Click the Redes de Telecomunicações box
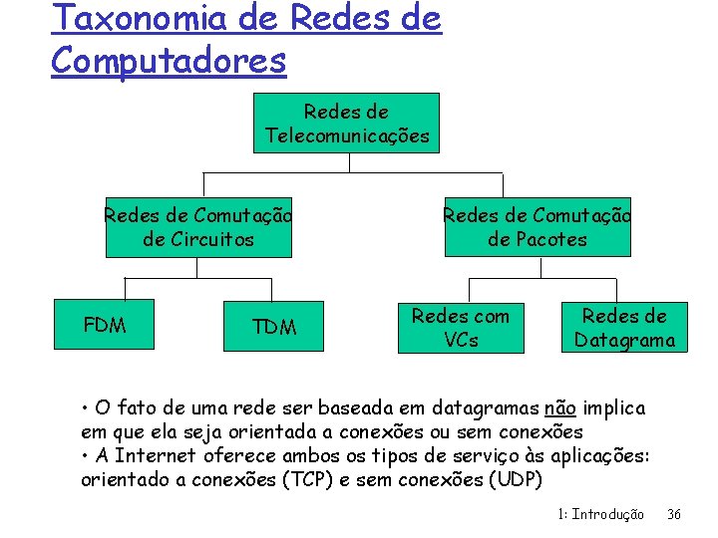347,124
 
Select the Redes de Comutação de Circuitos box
198,227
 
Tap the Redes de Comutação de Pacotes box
538,227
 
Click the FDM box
105,325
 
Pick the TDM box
274,327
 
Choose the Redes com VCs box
460,328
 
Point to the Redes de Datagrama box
624,328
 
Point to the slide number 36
673,515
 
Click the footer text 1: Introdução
600,515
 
